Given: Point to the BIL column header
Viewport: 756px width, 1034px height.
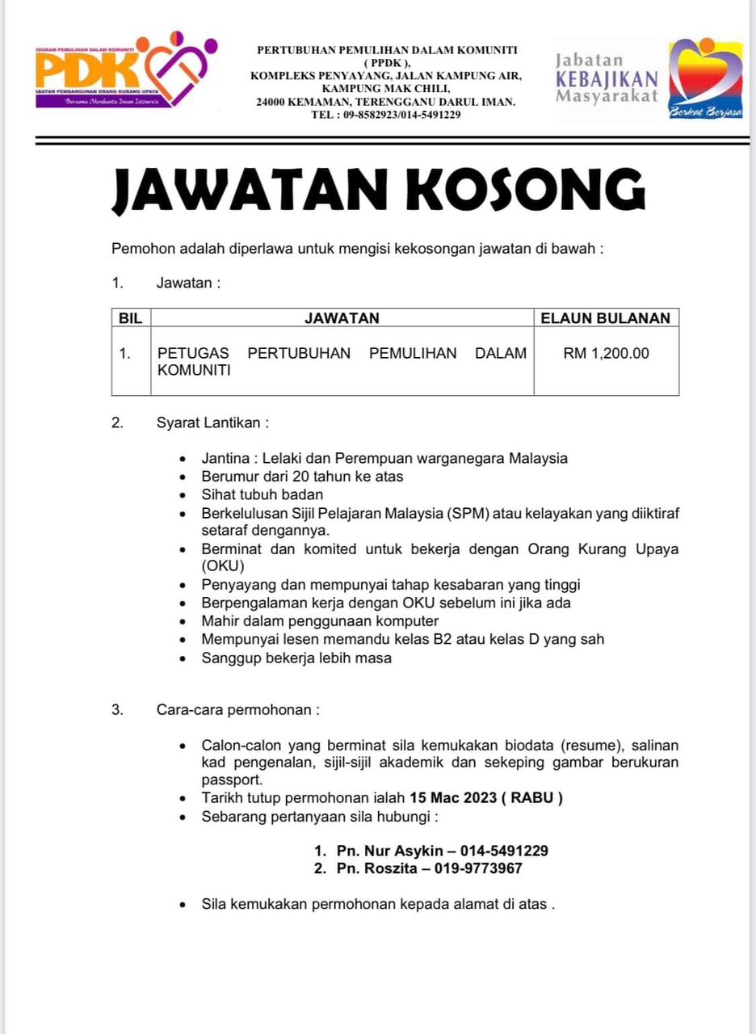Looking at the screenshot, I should point(130,318).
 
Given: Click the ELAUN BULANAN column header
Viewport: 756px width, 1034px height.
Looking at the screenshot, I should point(605,318).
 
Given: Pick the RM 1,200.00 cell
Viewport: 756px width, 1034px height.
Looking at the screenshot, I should point(606,353).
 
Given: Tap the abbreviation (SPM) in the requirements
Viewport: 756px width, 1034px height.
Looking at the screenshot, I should point(468,514).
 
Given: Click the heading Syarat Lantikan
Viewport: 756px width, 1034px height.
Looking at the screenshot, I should point(212,422).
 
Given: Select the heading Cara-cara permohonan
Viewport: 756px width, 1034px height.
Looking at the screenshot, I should point(238,711).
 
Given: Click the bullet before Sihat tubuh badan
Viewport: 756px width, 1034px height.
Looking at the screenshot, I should point(185,494).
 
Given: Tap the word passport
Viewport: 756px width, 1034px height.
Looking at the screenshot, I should point(232,780).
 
